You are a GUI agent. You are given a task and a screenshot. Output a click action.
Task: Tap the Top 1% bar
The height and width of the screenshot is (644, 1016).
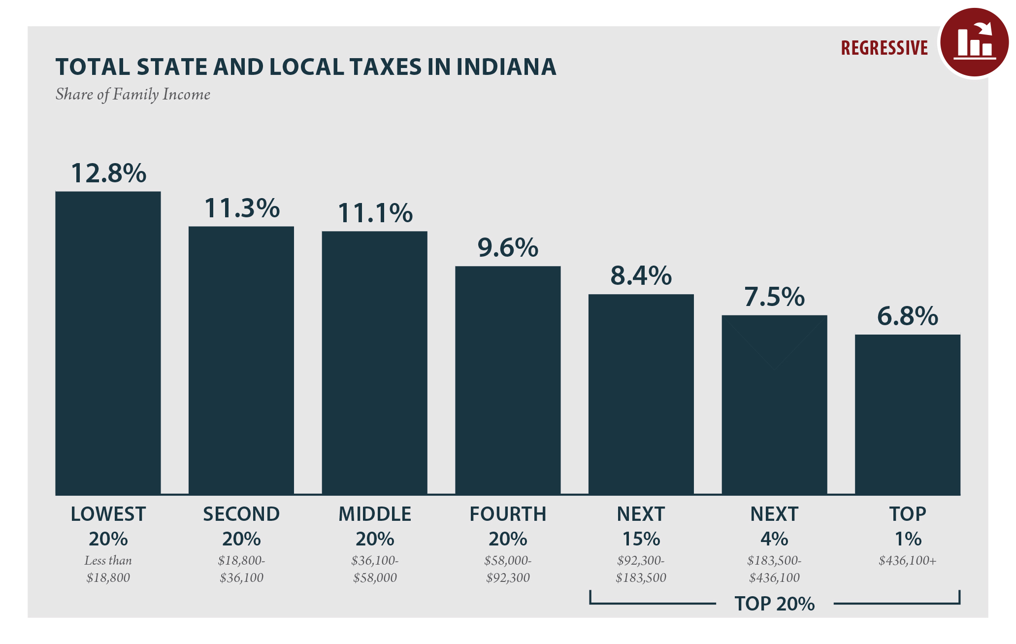(x=908, y=414)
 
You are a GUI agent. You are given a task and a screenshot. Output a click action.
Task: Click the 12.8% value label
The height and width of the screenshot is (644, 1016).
(x=108, y=173)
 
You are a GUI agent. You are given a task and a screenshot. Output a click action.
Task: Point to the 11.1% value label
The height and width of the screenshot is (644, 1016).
(x=375, y=213)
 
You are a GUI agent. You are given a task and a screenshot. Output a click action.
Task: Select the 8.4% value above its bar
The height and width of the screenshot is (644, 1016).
(x=641, y=276)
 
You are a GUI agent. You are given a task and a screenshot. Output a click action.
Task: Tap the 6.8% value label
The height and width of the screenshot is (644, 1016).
(x=907, y=316)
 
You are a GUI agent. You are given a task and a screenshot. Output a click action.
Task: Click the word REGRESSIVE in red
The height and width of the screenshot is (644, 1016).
(x=884, y=48)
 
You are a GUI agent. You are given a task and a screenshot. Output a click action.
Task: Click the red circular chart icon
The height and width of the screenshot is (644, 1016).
(x=974, y=42)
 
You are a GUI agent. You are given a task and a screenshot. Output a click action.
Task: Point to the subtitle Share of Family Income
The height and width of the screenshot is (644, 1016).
(x=133, y=94)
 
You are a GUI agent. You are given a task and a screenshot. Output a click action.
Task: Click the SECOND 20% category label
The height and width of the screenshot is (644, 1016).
(x=241, y=526)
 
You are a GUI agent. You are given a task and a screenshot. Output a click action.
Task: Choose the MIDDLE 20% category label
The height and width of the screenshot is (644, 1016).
(x=375, y=526)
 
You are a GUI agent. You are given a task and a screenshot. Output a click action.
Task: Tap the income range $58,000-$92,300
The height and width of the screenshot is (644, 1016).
(x=508, y=569)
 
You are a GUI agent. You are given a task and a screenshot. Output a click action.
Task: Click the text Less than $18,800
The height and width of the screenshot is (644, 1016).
(x=108, y=569)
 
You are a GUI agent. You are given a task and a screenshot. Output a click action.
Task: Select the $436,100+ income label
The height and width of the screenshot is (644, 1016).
(x=907, y=561)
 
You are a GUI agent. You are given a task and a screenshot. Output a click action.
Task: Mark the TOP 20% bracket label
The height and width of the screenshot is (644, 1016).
(x=774, y=604)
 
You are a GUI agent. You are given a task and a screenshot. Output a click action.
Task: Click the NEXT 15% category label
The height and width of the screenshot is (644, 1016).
(x=641, y=526)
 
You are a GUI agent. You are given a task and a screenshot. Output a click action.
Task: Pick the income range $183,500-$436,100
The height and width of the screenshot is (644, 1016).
(x=774, y=569)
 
